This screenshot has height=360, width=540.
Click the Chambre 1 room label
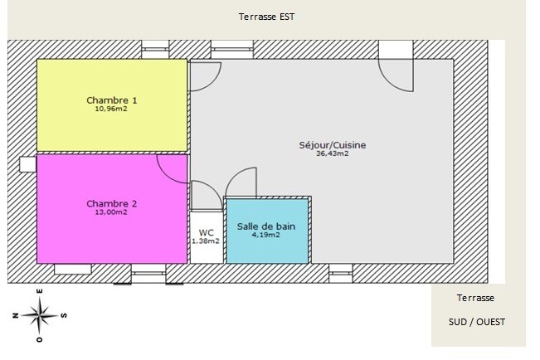[112, 100]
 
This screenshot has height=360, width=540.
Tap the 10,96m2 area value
[112, 109]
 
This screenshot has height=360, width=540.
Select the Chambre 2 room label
[112, 204]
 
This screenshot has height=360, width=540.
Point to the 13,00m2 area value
[112, 212]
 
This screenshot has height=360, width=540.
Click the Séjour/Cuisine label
[332, 145]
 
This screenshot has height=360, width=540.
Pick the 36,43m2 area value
[332, 153]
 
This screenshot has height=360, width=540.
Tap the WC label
[206, 231]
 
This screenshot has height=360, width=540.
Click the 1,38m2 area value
[206, 241]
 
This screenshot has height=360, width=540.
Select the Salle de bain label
[266, 226]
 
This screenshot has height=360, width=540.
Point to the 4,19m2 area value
[266, 235]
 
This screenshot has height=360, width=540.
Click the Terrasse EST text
[266, 17]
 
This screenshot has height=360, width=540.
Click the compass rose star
[39, 314]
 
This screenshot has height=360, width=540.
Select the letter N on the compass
[15, 315]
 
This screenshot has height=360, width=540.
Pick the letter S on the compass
[64, 315]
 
